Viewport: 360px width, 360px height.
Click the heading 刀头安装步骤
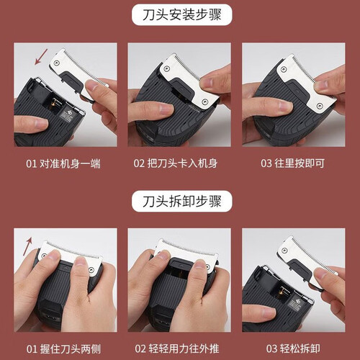coord(181,14)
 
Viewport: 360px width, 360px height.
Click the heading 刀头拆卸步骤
coord(181,201)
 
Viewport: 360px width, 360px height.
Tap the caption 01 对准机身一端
coord(63,163)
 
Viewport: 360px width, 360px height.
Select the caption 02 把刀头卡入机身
coord(176,163)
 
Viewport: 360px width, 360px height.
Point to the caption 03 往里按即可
coord(292,163)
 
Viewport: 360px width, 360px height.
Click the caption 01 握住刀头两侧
coord(63,349)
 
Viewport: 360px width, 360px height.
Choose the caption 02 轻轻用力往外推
coord(177,348)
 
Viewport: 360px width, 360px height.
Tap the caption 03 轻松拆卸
coord(293,348)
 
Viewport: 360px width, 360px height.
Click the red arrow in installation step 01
coord(41,57)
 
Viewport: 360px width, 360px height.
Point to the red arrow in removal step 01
coord(27,246)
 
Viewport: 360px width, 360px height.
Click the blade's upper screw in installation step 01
coord(56,63)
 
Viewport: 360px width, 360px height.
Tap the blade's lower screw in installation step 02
coord(204,102)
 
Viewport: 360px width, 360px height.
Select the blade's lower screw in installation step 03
coord(320,106)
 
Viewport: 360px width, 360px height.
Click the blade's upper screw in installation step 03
coord(284,69)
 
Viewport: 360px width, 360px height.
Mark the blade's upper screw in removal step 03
coord(284,251)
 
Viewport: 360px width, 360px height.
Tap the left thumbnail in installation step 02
coord(164,109)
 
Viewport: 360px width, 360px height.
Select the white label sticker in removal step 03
coord(296,303)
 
